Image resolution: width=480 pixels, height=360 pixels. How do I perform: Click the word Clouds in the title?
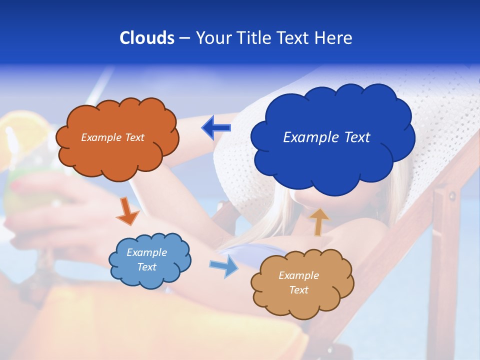click(x=147, y=38)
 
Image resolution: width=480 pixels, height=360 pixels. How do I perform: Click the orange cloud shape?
click(x=117, y=155)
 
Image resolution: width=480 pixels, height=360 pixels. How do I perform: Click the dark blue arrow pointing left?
click(x=216, y=128)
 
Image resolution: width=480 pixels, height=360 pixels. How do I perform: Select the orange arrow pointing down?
click(x=127, y=211)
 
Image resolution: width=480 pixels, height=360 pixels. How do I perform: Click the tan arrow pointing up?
click(x=318, y=221)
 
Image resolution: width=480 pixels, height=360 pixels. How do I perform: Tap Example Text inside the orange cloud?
click(x=112, y=137)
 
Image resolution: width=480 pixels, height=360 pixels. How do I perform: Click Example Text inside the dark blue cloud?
click(x=326, y=137)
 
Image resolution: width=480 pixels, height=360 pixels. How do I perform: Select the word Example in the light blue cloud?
click(x=146, y=252)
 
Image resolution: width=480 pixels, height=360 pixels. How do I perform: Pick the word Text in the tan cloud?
click(x=298, y=290)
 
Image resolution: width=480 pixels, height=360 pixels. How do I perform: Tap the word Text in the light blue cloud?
click(x=146, y=267)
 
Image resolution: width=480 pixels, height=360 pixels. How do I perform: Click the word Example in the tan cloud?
click(x=298, y=275)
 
